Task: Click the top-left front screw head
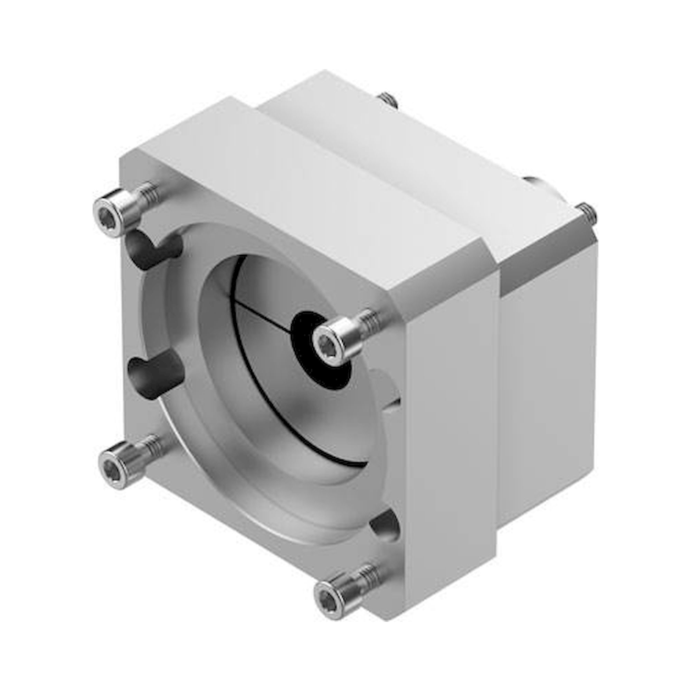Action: coord(109,214)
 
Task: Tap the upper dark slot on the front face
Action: coord(154,249)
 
